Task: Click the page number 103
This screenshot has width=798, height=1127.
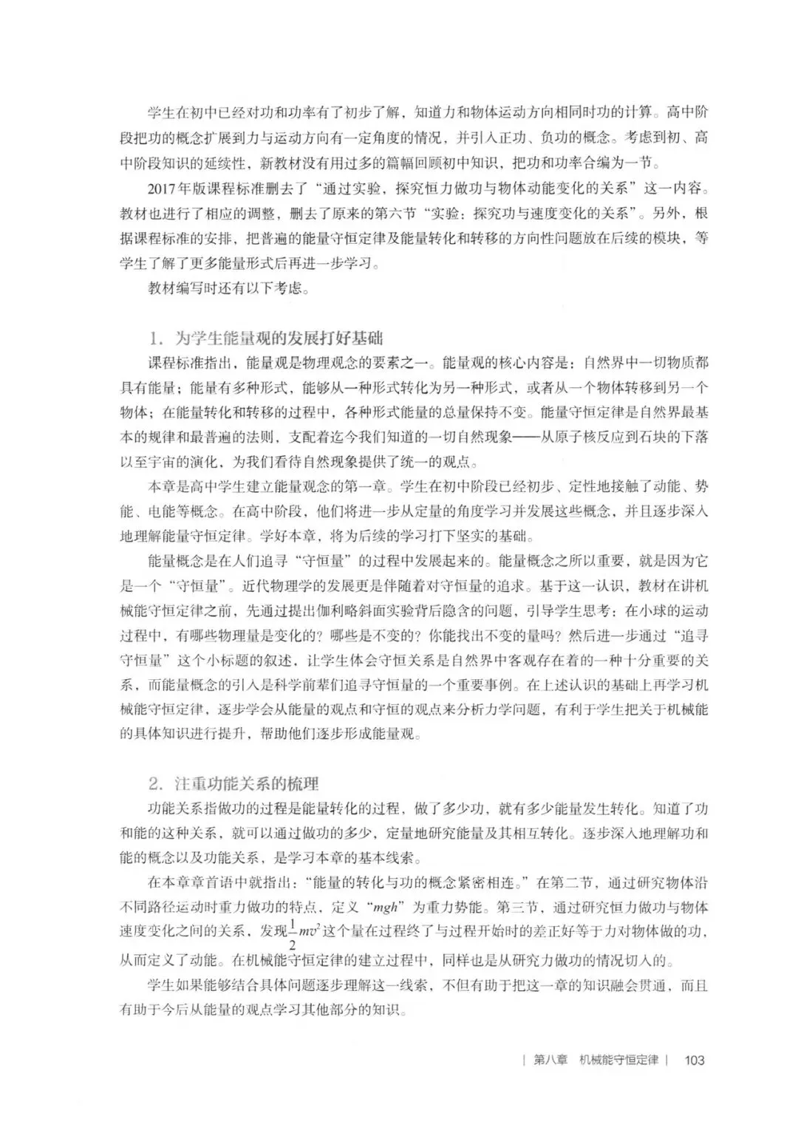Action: tap(695, 1060)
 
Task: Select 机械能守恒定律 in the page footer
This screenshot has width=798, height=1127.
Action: tap(618, 1060)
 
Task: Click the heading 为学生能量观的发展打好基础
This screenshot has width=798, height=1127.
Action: tap(278, 339)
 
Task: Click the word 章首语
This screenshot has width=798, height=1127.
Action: tap(217, 882)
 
